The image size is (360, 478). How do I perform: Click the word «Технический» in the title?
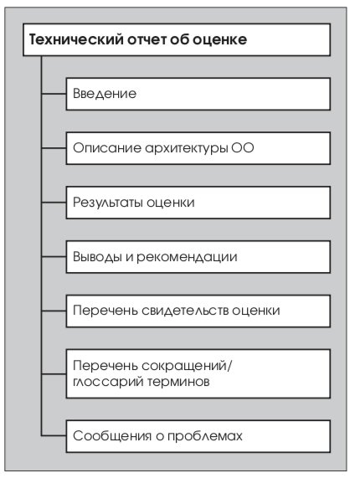(76, 39)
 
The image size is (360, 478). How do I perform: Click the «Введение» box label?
(105, 94)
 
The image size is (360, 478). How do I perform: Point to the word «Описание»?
(107, 148)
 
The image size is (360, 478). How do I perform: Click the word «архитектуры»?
(186, 149)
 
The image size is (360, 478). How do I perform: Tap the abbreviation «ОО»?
(242, 148)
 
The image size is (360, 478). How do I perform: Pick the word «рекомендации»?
(187, 257)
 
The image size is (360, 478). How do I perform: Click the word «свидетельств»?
(185, 311)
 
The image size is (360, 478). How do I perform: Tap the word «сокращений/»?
(187, 366)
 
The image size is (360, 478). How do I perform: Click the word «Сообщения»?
(112, 436)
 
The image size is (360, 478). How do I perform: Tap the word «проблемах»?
(205, 436)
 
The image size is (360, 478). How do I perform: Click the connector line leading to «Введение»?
(54, 94)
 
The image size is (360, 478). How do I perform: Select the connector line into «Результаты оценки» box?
(54, 203)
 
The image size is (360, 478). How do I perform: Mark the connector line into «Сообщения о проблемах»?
(54, 436)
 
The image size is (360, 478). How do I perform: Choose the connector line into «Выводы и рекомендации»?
(54, 257)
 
